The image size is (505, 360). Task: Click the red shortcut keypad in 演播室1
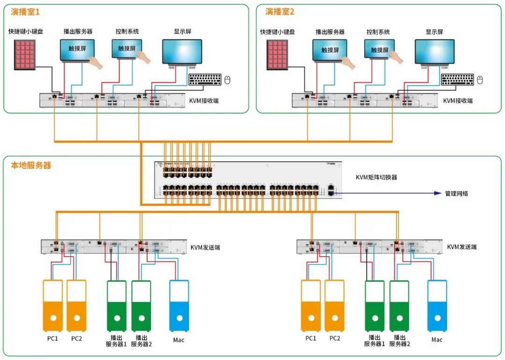point(26,55)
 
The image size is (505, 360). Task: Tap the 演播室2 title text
point(280,12)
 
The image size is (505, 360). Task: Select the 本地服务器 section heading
point(31,165)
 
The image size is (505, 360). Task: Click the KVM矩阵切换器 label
point(376,177)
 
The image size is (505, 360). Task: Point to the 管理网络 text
point(456,193)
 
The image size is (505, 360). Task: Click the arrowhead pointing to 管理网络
point(438,193)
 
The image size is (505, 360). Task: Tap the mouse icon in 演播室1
point(228,79)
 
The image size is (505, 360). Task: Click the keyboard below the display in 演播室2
point(457,79)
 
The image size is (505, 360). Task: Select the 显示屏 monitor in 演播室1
point(182,52)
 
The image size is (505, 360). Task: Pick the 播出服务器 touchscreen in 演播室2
point(330,50)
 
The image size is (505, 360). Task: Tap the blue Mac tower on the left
point(179,306)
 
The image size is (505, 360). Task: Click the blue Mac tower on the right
point(437,306)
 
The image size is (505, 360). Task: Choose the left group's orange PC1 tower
point(53,306)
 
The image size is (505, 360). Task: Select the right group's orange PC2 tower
point(334,306)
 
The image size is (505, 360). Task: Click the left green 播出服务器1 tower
point(116,306)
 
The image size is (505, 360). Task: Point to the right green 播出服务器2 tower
point(399,306)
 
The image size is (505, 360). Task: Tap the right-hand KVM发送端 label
point(462,247)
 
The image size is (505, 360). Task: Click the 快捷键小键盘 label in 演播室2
point(277,32)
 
